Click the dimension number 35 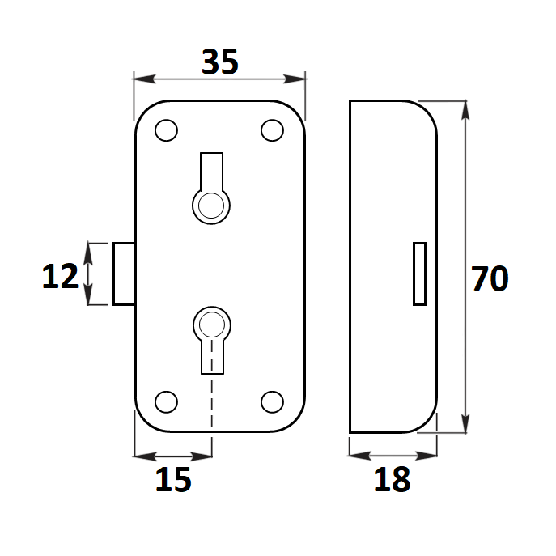pos(220,62)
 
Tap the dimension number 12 pos(60,276)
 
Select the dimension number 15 pos(173,479)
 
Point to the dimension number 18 pos(393,479)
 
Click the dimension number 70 pos(490,278)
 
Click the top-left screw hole pos(166,130)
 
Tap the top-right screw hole pos(272,130)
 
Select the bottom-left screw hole pos(166,401)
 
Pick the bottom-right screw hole pos(272,401)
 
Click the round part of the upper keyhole pos(211,206)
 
